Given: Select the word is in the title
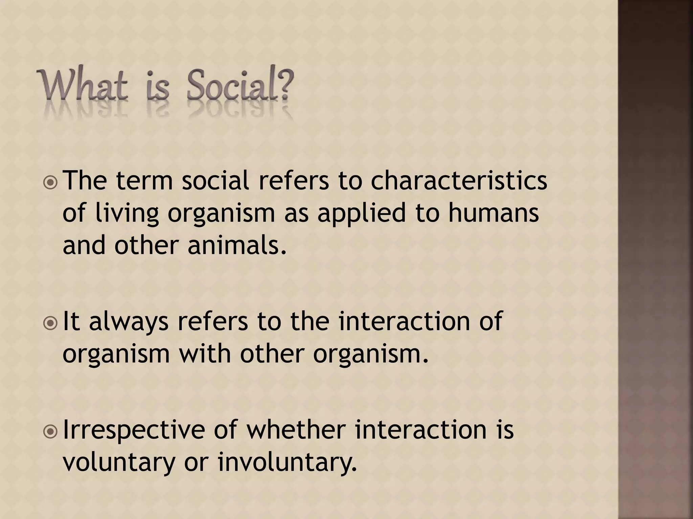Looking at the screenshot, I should click(x=157, y=86).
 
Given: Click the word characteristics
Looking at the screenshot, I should click(x=459, y=181).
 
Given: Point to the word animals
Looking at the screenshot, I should click(x=237, y=245).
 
